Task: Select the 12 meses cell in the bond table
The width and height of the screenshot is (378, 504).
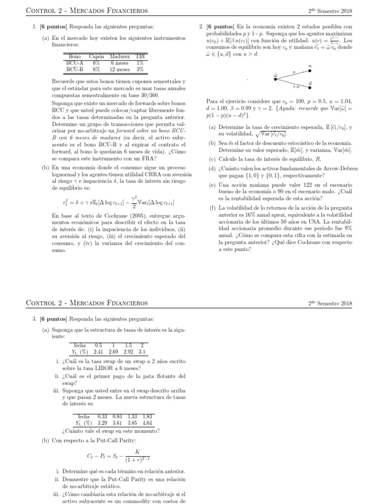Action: (x=120, y=69)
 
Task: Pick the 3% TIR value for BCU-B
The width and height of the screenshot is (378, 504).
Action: (x=140, y=69)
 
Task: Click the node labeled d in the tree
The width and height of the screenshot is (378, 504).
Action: (x=310, y=85)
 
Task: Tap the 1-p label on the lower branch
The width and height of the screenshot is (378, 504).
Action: (x=295, y=87)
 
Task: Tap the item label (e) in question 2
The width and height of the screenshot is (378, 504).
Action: (x=212, y=185)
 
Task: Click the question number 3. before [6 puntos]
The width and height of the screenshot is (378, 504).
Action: (x=35, y=319)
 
